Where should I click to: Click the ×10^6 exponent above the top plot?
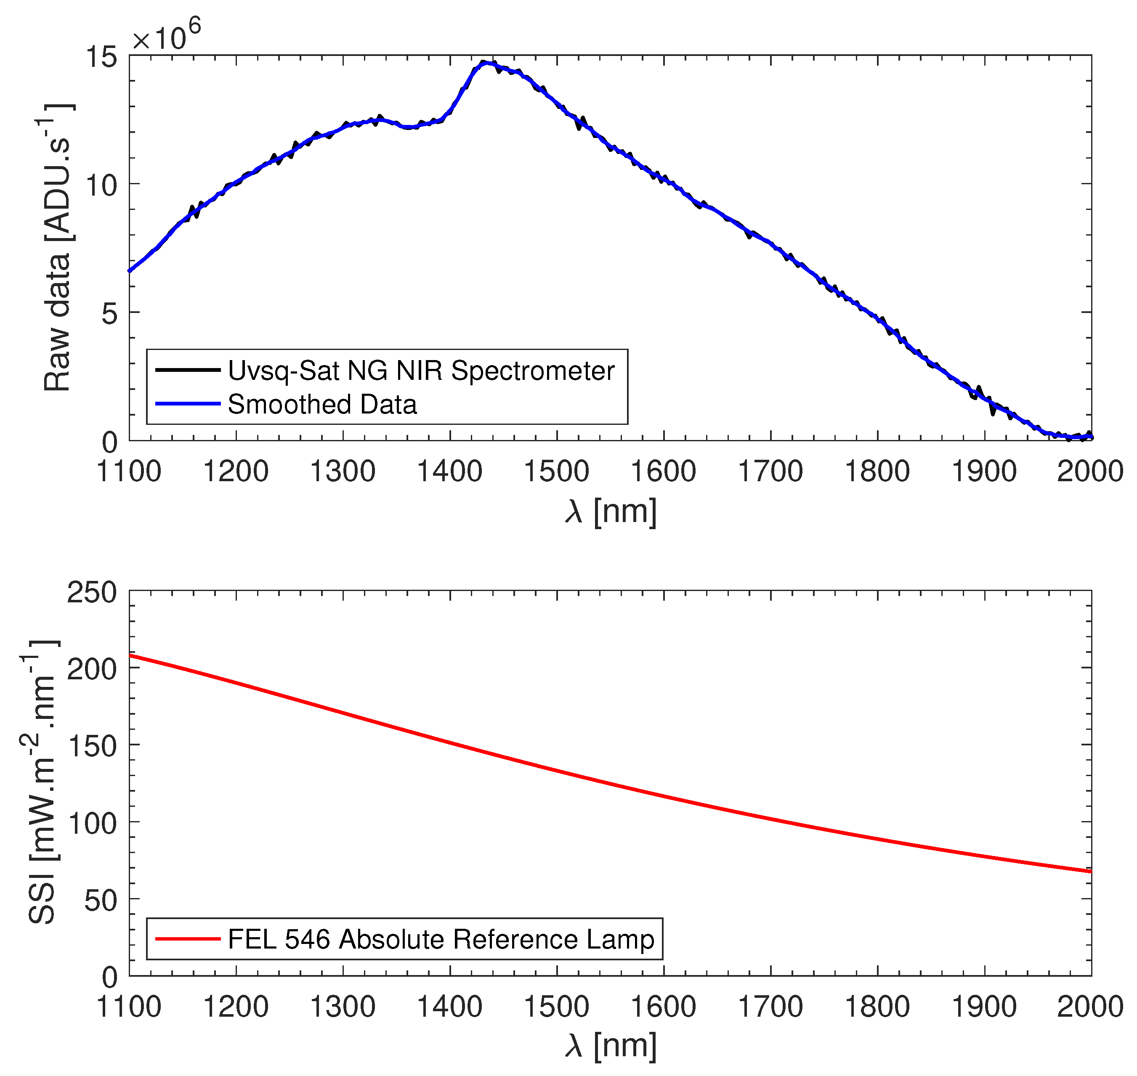pyautogui.click(x=166, y=36)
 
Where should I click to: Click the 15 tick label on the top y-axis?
pyautogui.click(x=101, y=57)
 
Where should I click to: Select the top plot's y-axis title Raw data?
pyautogui.click(x=57, y=248)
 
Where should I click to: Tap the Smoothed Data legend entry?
pyautogui.click(x=322, y=404)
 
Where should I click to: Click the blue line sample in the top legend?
pyautogui.click(x=188, y=404)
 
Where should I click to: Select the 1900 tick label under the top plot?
pyautogui.click(x=984, y=472)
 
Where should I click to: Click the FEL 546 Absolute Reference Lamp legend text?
pyautogui.click(x=441, y=939)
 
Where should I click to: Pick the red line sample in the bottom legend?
pyautogui.click(x=188, y=939)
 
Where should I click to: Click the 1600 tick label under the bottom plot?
pyautogui.click(x=663, y=1007)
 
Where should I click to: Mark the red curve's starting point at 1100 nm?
pyautogui.click(x=130, y=655)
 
